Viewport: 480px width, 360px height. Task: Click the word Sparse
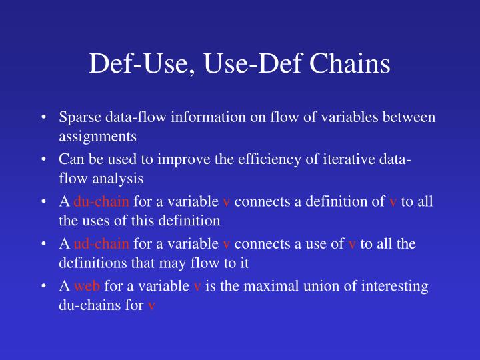(x=78, y=117)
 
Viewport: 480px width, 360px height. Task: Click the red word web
(x=86, y=286)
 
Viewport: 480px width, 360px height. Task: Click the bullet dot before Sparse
(x=43, y=118)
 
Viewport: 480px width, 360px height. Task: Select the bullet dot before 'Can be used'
(x=43, y=161)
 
